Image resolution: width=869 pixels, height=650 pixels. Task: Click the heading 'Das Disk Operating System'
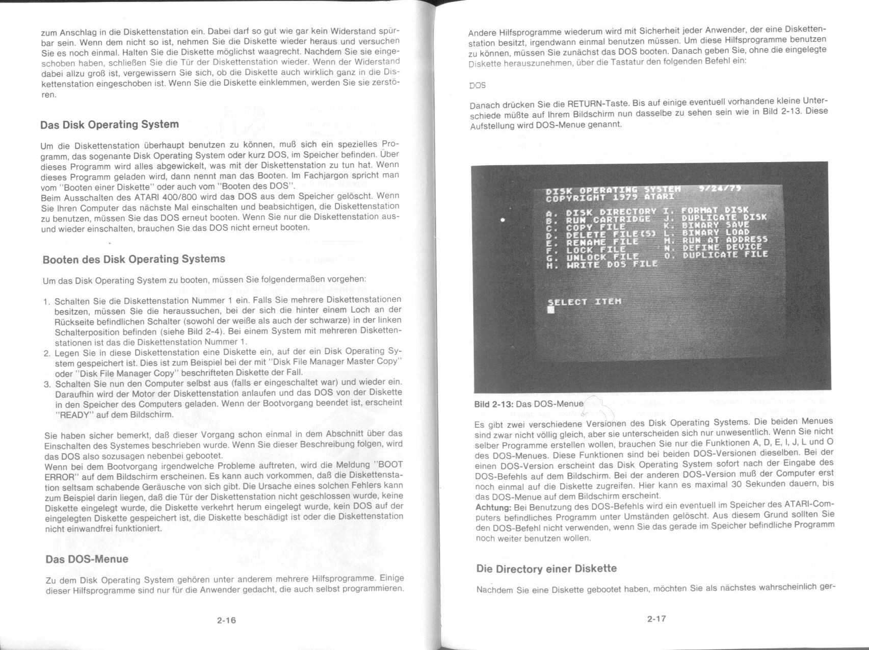click(x=110, y=124)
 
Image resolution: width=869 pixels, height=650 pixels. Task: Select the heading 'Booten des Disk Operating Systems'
click(x=134, y=259)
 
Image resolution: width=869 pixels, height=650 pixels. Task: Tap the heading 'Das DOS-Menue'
click(x=87, y=559)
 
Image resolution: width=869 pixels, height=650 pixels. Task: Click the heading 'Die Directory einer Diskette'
click(x=546, y=568)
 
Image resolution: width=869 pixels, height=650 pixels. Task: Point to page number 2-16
click(x=226, y=620)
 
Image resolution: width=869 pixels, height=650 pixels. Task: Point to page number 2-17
click(x=657, y=619)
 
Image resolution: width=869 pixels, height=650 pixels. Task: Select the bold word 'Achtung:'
click(x=491, y=507)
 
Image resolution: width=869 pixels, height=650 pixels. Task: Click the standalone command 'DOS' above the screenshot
click(x=477, y=86)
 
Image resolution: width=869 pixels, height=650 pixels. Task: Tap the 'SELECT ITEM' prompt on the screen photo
click(x=584, y=301)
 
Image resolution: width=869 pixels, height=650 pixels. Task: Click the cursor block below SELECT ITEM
click(x=550, y=309)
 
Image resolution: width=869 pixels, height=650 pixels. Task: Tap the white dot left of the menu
click(x=503, y=220)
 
